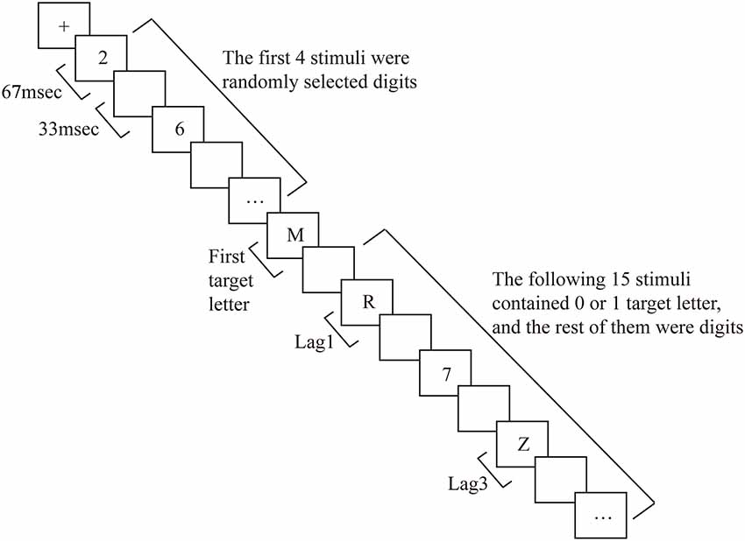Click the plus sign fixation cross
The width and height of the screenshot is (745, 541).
coord(64,26)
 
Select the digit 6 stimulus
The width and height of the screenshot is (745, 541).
coord(179,129)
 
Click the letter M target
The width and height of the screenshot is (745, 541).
coord(294,235)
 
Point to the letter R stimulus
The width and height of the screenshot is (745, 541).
coord(369,303)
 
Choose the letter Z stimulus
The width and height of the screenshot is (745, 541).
coord(523,445)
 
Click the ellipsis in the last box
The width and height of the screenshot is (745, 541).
coord(601,517)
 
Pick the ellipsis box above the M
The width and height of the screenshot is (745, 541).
coord(256,200)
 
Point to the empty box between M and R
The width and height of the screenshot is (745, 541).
coord(330,270)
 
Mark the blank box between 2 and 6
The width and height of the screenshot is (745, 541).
coord(140,95)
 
